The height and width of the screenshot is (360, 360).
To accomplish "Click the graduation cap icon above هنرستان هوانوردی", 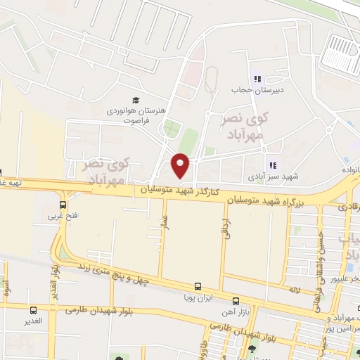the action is tap(136, 99).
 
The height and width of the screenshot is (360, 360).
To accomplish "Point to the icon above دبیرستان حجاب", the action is tap(257, 79).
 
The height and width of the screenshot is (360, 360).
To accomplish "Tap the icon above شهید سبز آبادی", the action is tap(273, 166).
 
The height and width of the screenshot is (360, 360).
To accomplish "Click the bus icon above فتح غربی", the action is tap(63, 205).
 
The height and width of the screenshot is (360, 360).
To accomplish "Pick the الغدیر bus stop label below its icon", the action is tap(32, 321).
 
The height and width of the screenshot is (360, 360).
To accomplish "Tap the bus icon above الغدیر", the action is tap(32, 309).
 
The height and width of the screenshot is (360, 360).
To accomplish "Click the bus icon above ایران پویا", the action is tap(198, 287).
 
